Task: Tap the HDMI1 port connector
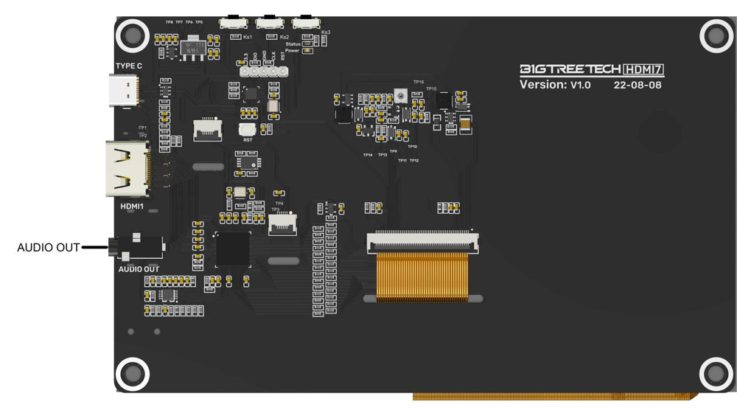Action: [128, 169]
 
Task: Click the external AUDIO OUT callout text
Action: [48, 248]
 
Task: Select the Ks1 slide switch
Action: [234, 22]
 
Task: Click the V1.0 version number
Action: [579, 85]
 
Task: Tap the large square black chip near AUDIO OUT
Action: [233, 249]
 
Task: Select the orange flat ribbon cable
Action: [422, 277]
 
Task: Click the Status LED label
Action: [293, 44]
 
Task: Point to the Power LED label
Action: [293, 51]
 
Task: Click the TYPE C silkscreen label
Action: [129, 66]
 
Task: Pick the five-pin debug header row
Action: [262, 72]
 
